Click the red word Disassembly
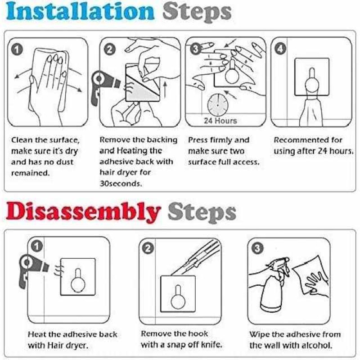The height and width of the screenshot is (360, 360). tap(83, 212)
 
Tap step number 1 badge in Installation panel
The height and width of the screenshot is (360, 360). tap(17, 49)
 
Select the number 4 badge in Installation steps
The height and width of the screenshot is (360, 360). tap(280, 49)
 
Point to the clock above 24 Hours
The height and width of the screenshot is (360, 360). tap(218, 105)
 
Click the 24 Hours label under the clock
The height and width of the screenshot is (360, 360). tap(220, 121)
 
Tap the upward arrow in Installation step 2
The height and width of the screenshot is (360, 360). tap(165, 90)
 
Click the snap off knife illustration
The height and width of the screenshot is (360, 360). tap(195, 257)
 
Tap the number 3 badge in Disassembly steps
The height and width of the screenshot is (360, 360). tap(257, 248)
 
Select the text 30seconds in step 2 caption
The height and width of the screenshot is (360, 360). tap(121, 184)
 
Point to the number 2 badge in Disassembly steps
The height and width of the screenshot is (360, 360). tap(148, 248)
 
